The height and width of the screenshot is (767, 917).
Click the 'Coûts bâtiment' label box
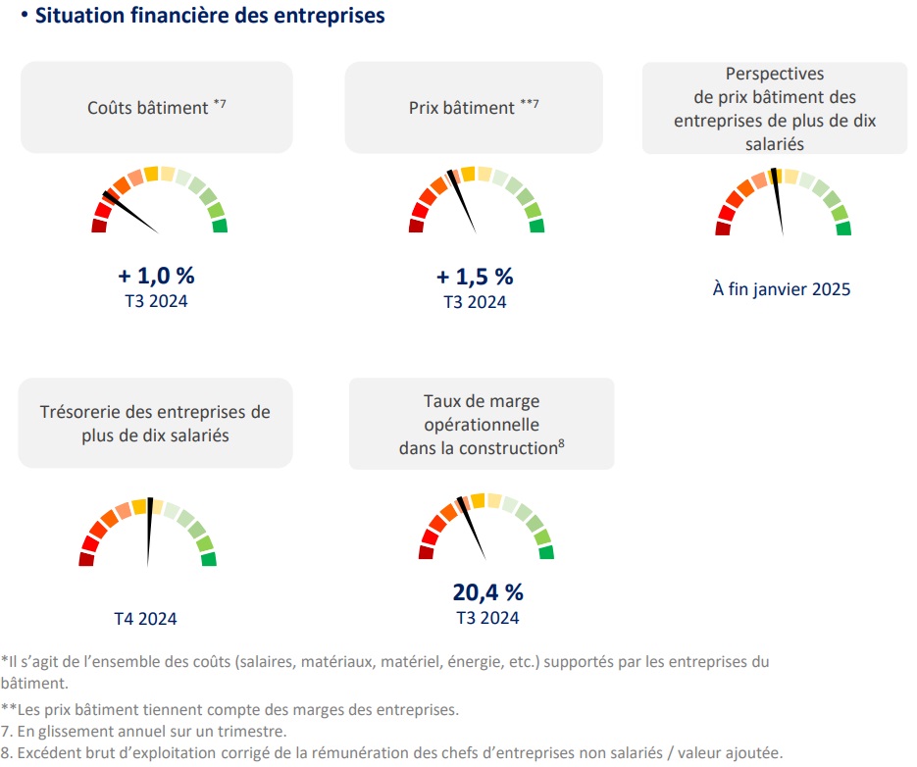pos(157,107)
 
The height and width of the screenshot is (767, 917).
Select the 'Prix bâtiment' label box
pos(474,107)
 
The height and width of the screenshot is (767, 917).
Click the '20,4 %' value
pos(487,592)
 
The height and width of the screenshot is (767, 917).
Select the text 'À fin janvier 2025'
pos(782,289)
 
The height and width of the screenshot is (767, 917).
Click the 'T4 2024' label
pos(146,619)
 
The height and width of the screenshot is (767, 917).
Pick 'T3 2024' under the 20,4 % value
pos(487,618)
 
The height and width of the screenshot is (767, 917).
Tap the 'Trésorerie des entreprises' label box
pos(156,423)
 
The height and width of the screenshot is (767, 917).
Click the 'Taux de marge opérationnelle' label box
pos(482,424)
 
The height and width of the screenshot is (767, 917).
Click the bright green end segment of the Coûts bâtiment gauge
pos(220,227)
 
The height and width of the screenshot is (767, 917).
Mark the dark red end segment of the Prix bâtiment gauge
pos(416,227)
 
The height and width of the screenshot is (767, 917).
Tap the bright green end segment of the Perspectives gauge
pos(843,229)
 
